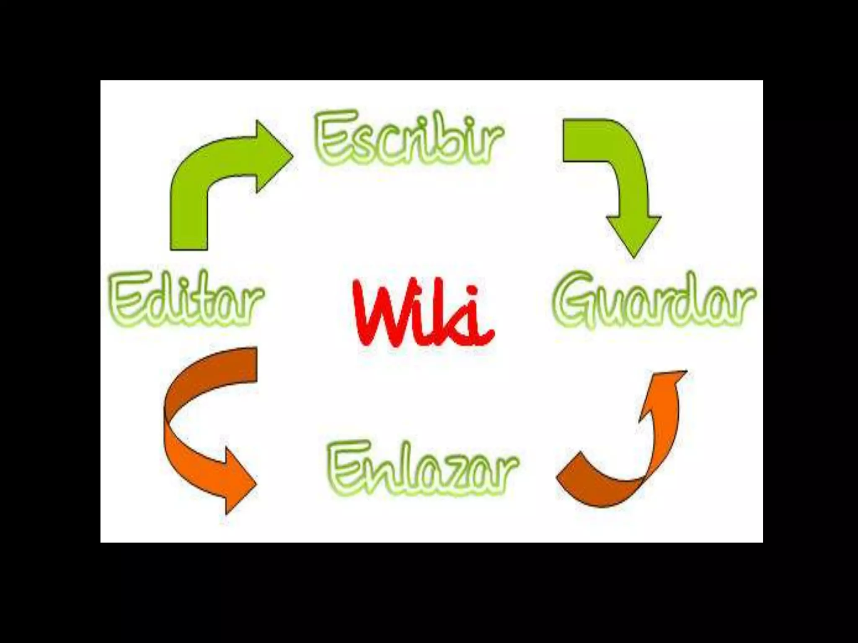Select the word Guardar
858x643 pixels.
654,300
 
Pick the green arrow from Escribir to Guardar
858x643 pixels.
620,176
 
